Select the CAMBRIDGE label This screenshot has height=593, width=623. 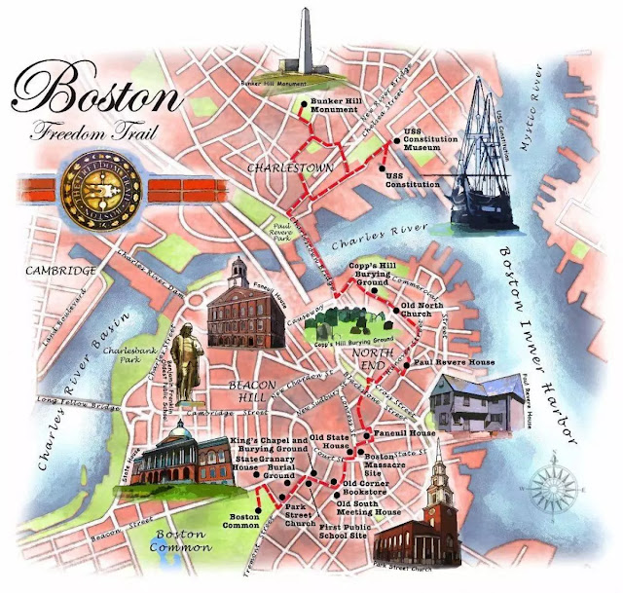(60, 271)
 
